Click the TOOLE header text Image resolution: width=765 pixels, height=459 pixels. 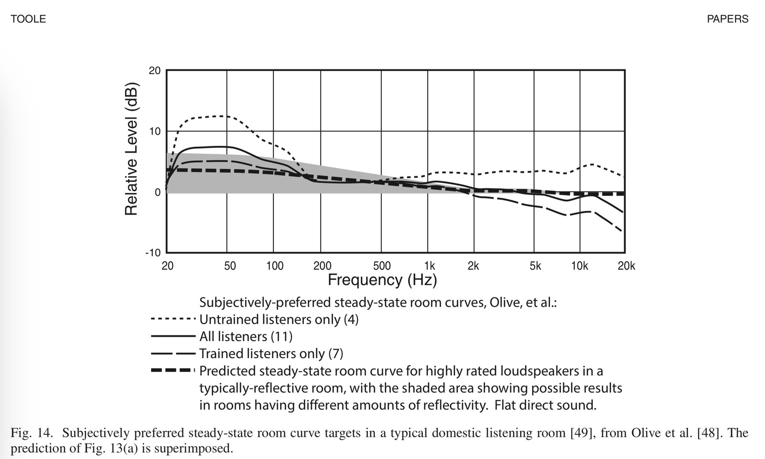click(x=28, y=19)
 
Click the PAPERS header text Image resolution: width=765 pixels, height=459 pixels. click(x=728, y=19)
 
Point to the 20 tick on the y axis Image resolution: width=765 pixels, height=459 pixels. click(x=155, y=71)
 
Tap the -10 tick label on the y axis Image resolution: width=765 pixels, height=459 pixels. click(x=153, y=253)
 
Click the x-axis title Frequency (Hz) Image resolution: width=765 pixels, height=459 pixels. click(x=382, y=280)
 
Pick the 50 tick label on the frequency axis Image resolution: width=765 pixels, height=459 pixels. click(x=229, y=266)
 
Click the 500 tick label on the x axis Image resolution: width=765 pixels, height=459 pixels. click(x=381, y=266)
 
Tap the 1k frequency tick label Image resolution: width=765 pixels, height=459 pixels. click(x=429, y=266)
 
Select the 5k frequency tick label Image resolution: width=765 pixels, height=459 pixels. click(x=535, y=266)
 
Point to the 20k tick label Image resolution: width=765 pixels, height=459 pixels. click(x=626, y=266)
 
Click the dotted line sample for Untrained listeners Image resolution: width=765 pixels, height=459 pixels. click(x=173, y=319)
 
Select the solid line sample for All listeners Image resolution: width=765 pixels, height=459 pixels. click(x=173, y=336)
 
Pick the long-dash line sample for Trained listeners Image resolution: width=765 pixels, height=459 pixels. click(x=173, y=353)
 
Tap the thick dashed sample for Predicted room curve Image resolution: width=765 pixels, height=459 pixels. click(x=173, y=371)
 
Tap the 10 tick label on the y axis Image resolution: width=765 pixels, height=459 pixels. click(x=155, y=131)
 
